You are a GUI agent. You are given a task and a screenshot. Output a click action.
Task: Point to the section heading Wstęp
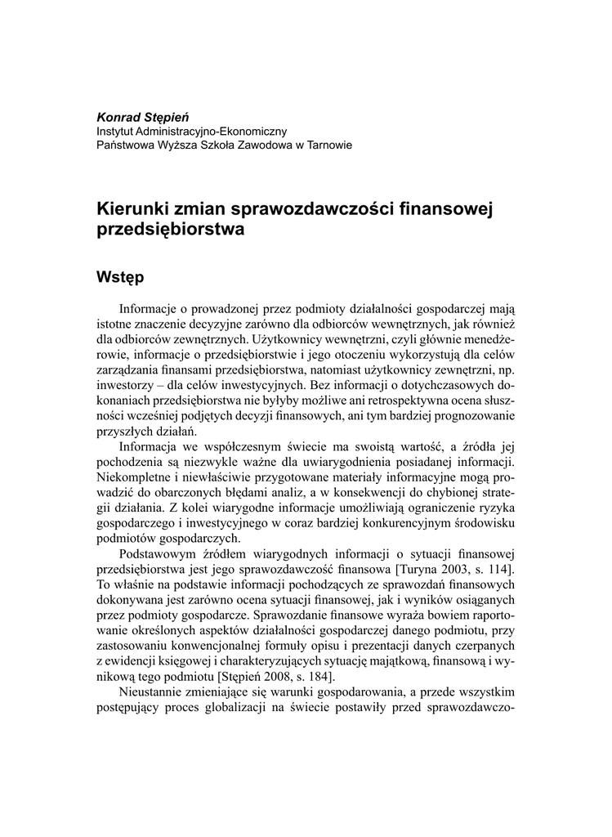coord(120,277)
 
